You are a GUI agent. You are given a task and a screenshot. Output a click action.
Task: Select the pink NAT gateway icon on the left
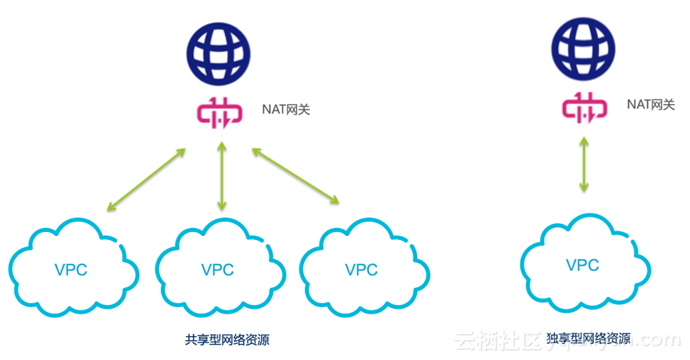coord(218,113)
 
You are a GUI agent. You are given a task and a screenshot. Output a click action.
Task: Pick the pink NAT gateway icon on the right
coord(584,107)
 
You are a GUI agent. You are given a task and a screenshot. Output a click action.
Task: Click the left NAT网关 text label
coord(285,110)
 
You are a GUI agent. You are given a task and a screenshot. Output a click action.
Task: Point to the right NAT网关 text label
coord(651,104)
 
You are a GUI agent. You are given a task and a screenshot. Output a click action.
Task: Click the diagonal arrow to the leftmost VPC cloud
coord(146,179)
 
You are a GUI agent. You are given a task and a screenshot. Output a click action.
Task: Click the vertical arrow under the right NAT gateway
coord(584,165)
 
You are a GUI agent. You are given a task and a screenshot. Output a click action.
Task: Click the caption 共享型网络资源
coord(227,340)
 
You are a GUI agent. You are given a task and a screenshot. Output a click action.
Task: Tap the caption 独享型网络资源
coord(588,339)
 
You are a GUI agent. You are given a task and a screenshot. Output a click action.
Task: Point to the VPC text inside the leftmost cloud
coord(71,270)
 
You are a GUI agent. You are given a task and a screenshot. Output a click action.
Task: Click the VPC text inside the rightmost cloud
coord(582,265)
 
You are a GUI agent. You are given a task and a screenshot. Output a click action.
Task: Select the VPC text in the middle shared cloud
coord(218,270)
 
